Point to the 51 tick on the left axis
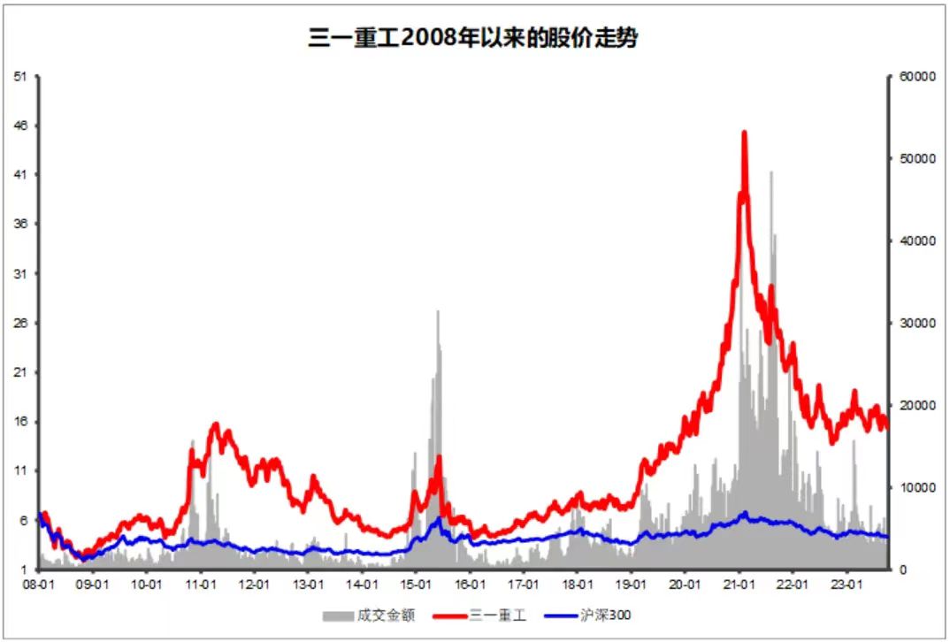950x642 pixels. point(20,76)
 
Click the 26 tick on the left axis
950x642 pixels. point(20,323)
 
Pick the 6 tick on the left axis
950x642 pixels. point(24,521)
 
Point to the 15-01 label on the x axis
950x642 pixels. point(416,585)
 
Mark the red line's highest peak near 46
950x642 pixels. point(744,133)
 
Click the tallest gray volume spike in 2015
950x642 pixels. point(437,311)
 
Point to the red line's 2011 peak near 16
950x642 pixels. point(216,425)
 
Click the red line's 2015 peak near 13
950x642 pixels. point(438,458)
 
